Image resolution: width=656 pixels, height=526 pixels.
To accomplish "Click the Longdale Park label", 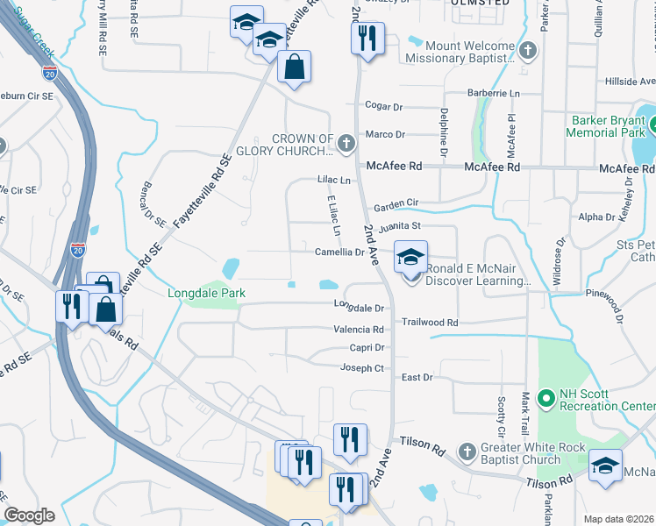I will (206, 293).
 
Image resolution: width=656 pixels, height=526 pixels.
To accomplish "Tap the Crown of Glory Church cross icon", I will (346, 141).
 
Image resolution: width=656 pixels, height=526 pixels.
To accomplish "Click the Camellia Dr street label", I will (339, 252).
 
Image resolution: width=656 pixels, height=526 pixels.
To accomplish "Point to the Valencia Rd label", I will (359, 330).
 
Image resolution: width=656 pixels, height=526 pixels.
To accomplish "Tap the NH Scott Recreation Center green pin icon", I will (545, 400).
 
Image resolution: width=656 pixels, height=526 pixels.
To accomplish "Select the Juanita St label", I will (395, 226).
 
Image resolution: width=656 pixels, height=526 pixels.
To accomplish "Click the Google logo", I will (29, 515).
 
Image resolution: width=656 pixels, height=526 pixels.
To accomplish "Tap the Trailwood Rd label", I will (430, 323).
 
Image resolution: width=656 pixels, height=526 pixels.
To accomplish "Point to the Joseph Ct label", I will (362, 368).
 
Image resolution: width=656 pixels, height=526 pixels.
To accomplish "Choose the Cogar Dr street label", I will (383, 107).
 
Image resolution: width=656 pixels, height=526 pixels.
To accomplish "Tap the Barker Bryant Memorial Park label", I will (605, 126).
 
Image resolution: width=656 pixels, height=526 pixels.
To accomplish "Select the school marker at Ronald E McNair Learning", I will (410, 257).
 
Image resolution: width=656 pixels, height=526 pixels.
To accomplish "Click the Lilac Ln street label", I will (334, 180).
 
